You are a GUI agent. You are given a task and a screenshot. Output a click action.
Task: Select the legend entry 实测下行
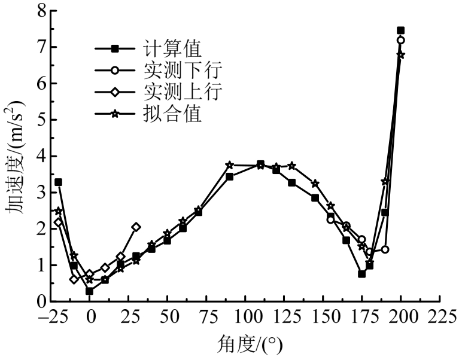click(183, 69)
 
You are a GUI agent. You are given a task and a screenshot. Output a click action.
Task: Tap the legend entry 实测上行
click(183, 91)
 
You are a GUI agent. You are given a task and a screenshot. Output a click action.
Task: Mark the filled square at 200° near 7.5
click(401, 30)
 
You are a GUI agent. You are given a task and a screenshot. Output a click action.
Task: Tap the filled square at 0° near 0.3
click(89, 291)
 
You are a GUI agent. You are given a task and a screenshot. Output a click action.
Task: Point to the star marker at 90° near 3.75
click(229, 164)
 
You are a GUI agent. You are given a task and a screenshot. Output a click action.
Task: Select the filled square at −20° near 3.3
click(58, 182)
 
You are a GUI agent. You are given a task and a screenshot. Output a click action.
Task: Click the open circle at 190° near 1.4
click(385, 249)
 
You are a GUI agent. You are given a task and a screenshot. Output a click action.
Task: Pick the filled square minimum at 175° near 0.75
click(362, 274)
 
